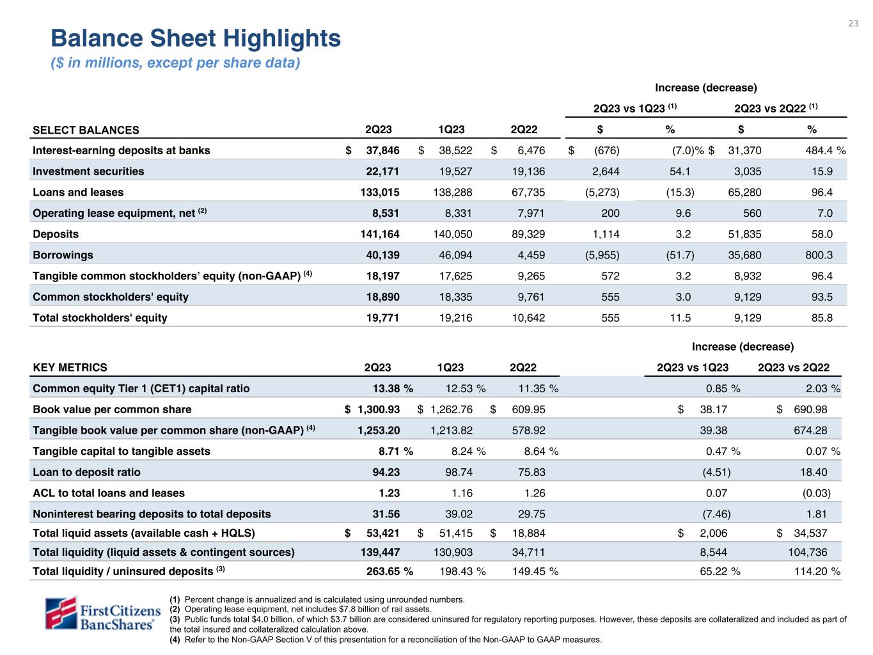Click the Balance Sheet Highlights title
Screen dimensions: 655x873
tap(196, 38)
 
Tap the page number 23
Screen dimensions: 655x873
tap(853, 24)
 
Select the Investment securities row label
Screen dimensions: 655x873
tap(88, 171)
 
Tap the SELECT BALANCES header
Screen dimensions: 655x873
tap(86, 130)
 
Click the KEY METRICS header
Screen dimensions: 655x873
tap(70, 367)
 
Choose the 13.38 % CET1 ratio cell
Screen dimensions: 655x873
tap(393, 388)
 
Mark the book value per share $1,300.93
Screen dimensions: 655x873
tap(377, 409)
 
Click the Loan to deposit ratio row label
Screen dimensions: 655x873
tap(86, 472)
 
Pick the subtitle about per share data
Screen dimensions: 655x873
tap(175, 63)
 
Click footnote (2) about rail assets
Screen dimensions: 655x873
tap(301, 609)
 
